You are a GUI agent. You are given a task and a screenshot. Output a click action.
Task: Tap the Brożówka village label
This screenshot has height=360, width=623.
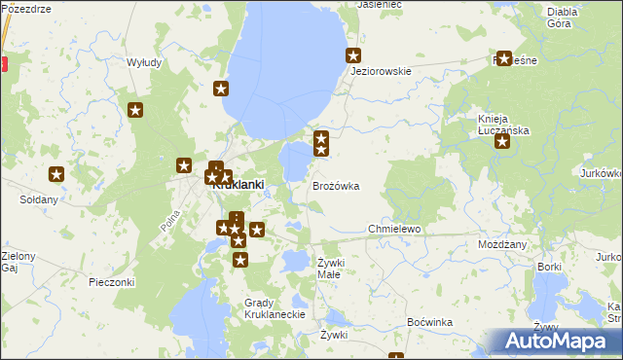(336, 185)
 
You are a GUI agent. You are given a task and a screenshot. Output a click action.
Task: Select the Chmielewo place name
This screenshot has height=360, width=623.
(393, 229)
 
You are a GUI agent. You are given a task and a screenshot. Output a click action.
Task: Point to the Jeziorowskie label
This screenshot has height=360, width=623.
(381, 71)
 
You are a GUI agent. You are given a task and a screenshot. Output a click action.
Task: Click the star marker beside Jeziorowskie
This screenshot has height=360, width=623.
(353, 55)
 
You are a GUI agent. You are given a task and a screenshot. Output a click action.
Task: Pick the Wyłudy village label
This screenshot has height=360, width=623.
(144, 62)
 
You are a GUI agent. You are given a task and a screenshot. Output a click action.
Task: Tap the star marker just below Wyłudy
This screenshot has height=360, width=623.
(135, 110)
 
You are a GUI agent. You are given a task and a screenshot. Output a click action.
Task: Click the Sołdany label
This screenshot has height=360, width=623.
(39, 199)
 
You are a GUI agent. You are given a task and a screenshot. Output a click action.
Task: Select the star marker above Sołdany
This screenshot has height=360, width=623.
(56, 174)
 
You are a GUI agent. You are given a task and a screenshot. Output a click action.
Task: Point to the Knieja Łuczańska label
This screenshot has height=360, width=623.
(502, 124)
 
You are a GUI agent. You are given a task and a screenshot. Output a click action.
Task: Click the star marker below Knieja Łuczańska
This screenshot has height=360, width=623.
(502, 142)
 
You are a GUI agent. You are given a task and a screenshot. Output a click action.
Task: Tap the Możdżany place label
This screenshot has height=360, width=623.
(502, 244)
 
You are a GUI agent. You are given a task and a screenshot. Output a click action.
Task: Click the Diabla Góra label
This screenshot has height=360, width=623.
(563, 17)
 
